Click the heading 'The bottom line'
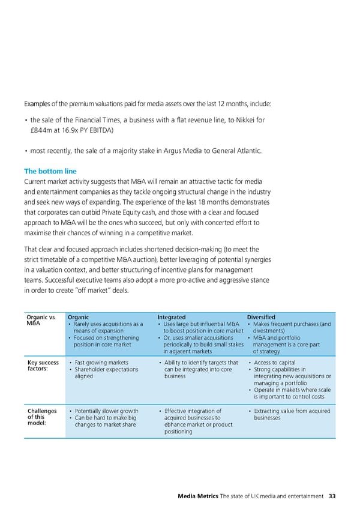(50, 171)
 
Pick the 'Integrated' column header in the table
(171, 317)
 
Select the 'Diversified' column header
(262, 317)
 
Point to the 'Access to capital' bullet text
(275, 363)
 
